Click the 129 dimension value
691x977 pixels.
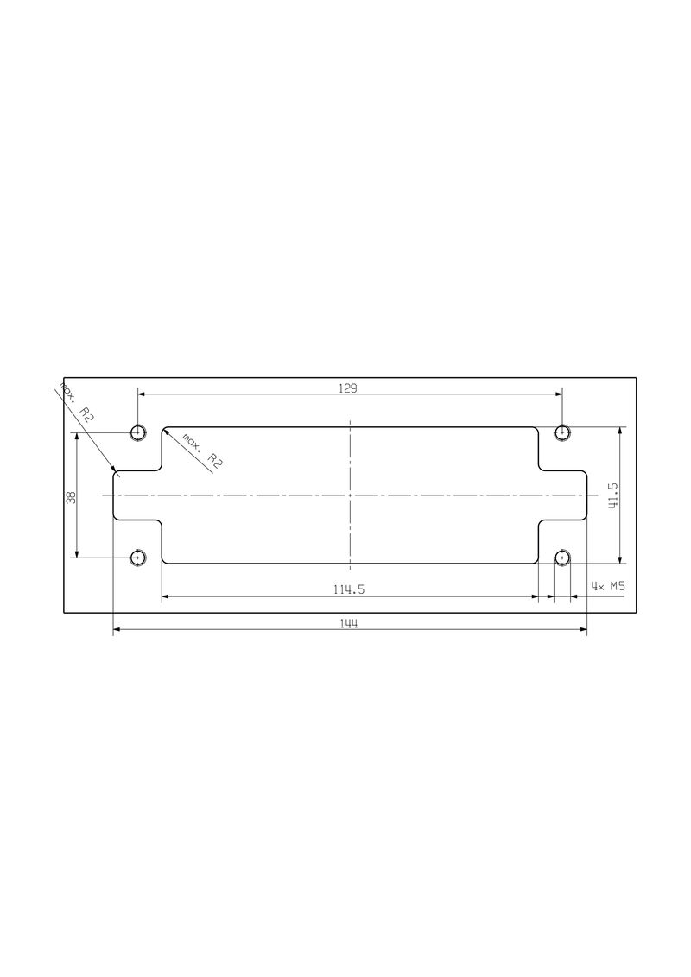pyautogui.click(x=347, y=388)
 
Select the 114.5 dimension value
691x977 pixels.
pyautogui.click(x=350, y=589)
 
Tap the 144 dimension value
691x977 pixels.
pyautogui.click(x=350, y=624)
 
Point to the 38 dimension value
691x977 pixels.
pyautogui.click(x=72, y=496)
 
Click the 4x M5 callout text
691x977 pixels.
pyautogui.click(x=608, y=586)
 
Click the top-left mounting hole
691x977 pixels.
pyautogui.click(x=137, y=432)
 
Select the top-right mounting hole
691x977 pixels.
pyautogui.click(x=562, y=432)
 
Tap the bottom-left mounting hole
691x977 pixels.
pyautogui.click(x=137, y=558)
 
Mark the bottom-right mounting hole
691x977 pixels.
pyautogui.click(x=562, y=558)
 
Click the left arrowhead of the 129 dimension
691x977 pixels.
pyautogui.click(x=141, y=394)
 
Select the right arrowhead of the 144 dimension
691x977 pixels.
pyautogui.click(x=583, y=631)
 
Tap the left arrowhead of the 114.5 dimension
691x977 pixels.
pyautogui.click(x=166, y=596)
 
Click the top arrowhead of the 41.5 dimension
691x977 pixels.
pyautogui.click(x=620, y=431)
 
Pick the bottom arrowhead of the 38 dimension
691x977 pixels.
pyautogui.click(x=78, y=554)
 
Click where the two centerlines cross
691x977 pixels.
pyautogui.click(x=350, y=495)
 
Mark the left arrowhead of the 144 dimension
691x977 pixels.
pyautogui.click(x=117, y=631)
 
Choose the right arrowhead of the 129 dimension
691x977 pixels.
pyautogui.click(x=559, y=394)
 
